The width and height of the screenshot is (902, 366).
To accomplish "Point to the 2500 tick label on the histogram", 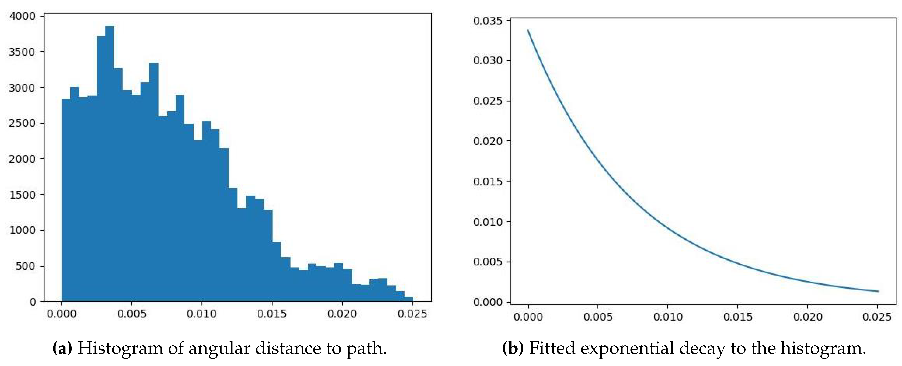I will [x=22, y=123].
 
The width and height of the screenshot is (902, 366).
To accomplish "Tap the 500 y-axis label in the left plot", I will [x=25, y=266].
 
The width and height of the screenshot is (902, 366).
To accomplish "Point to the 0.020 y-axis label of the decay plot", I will [x=487, y=141].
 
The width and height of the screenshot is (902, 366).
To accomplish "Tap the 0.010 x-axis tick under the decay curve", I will [x=668, y=317].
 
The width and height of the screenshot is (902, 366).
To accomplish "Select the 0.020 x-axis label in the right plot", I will [x=807, y=317].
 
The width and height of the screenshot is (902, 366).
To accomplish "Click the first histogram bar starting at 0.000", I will [x=66, y=200].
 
